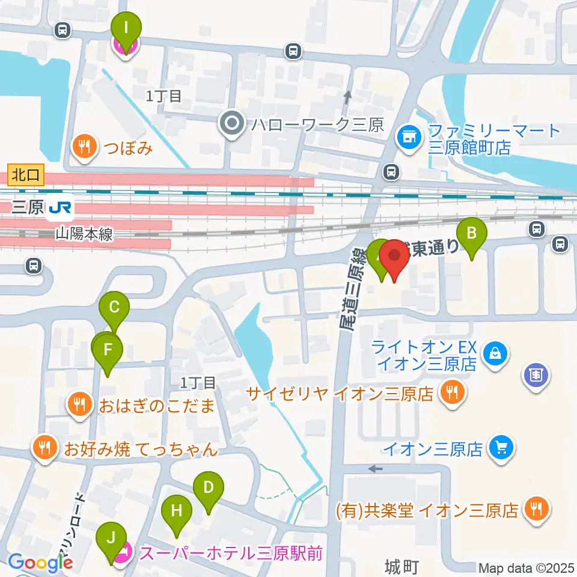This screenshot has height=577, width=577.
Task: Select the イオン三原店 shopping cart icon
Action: (x=500, y=447)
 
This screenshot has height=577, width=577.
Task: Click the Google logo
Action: (x=40, y=563)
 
